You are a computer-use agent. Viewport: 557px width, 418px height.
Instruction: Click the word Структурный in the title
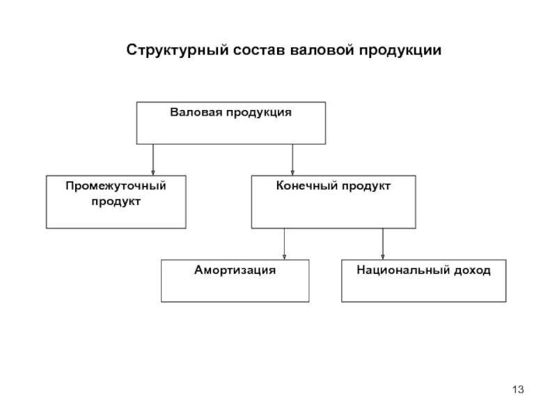(x=178, y=50)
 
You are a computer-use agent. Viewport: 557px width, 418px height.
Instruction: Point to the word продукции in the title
(x=400, y=51)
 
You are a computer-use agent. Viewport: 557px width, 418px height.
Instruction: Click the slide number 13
(x=518, y=389)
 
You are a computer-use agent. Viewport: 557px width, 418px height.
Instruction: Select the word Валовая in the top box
(x=196, y=112)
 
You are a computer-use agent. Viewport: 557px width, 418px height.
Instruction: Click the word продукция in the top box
(x=258, y=113)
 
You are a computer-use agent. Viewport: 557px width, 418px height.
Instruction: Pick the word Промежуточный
(x=116, y=186)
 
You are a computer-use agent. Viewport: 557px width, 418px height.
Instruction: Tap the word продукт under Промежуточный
(x=116, y=202)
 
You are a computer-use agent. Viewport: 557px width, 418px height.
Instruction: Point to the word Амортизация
(x=235, y=270)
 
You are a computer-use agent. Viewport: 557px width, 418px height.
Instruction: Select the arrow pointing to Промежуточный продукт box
(x=153, y=160)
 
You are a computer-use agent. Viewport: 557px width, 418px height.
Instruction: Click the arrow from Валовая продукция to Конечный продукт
(x=292, y=160)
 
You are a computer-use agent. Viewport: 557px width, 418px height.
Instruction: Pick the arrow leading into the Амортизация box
(x=284, y=244)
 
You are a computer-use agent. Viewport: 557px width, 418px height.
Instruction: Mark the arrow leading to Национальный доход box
(x=382, y=244)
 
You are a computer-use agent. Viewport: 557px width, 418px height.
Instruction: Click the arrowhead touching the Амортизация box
(x=284, y=257)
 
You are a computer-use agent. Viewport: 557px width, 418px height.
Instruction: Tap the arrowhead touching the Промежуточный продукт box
(x=153, y=173)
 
